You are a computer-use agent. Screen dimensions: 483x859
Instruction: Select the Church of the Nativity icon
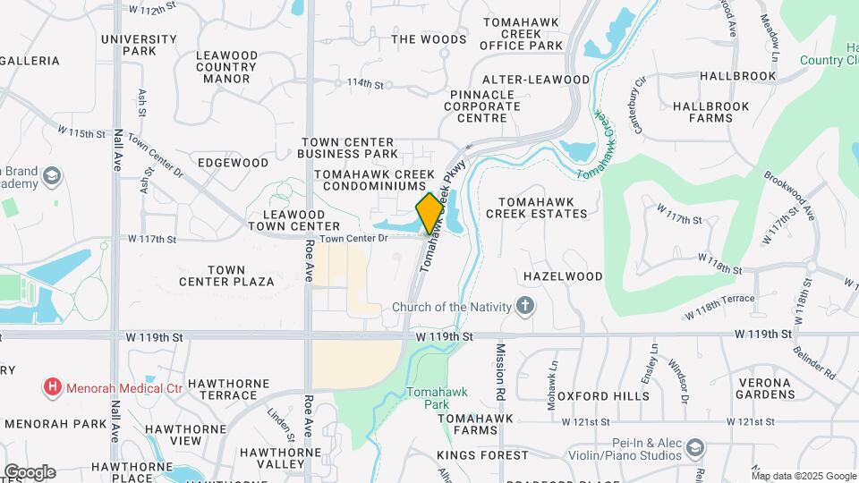point(525,308)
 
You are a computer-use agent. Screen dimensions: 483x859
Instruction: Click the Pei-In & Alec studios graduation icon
point(696,447)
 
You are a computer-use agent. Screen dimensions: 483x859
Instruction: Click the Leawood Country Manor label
point(226,67)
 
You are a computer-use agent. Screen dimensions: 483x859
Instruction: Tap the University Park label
point(139,45)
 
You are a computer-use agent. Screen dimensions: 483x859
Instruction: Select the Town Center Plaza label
point(226,275)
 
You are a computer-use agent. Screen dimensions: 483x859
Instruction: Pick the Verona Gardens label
point(764,388)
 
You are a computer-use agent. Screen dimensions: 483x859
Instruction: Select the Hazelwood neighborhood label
point(563,276)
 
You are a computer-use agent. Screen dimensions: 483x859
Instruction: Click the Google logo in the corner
point(30,471)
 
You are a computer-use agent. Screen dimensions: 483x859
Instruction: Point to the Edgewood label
point(233,163)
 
